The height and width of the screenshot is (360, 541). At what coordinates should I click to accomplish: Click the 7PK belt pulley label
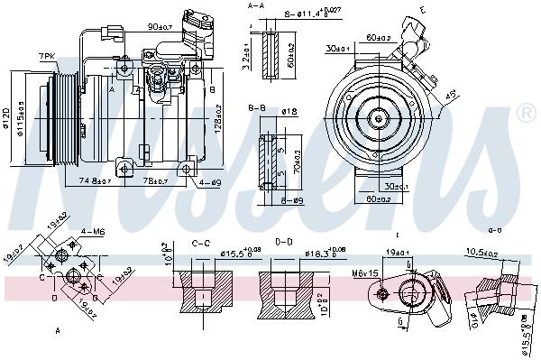46,56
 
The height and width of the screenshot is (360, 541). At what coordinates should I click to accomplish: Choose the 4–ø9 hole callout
210,182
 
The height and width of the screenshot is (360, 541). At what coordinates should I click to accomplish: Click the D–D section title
283,242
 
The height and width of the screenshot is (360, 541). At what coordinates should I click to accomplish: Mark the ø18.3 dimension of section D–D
325,254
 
